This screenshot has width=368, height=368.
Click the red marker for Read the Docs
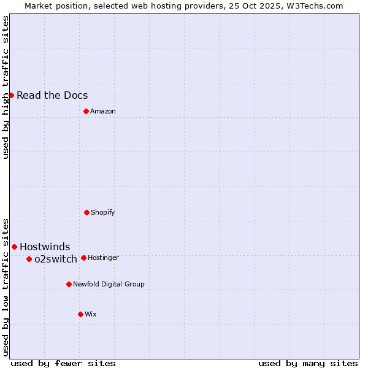coord(11,95)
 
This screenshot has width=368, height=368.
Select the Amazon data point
coord(86,111)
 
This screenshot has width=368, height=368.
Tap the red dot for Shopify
coord(86,212)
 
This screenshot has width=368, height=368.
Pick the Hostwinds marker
coord(14,247)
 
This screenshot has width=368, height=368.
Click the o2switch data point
coord(29,259)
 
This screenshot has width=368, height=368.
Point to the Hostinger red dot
coord(83,258)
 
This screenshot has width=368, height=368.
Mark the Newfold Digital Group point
coord(69,284)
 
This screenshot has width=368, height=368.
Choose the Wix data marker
coord(80,314)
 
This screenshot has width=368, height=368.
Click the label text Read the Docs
coord(52,95)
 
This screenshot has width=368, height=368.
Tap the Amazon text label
coord(103,111)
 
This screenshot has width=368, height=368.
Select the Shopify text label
coord(103,212)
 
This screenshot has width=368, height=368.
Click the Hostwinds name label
coord(45,247)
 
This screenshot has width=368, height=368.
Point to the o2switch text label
coord(56,259)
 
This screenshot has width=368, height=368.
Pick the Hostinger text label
coord(103,258)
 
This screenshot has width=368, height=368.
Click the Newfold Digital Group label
coord(109,284)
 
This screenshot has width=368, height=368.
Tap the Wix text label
coord(91,314)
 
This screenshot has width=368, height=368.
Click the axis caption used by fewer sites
coord(63,363)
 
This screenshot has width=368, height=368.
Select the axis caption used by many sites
coord(308,363)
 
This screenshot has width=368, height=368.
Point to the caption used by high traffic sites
coord(6,87)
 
